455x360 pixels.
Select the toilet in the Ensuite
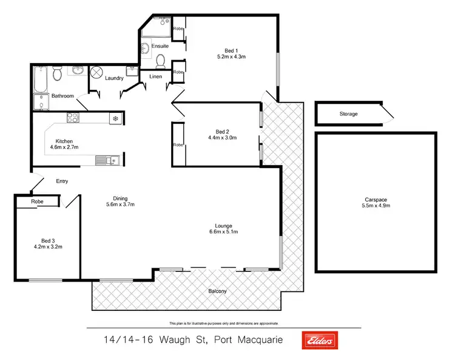pyautogui.click(x=160, y=61)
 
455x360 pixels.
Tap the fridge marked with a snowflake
pyautogui.click(x=114, y=119)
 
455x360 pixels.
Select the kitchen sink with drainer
pyautogui.click(x=107, y=160)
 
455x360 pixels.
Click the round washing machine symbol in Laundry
pyautogui.click(x=97, y=73)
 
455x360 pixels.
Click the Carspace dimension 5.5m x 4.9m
pyautogui.click(x=377, y=206)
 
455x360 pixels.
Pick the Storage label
pyautogui.click(x=348, y=114)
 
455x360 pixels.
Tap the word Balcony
pyautogui.click(x=218, y=291)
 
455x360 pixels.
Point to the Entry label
pyautogui.click(x=62, y=181)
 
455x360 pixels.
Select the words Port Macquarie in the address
pyautogui.click(x=245, y=341)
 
